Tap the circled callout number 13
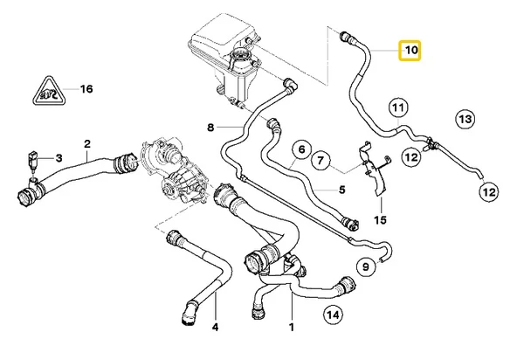(465, 118)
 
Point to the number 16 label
(86, 89)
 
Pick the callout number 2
(87, 142)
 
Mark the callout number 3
(59, 158)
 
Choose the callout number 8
(210, 128)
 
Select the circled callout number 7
(321, 161)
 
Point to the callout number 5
(342, 188)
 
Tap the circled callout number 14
(332, 315)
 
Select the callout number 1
(291, 329)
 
